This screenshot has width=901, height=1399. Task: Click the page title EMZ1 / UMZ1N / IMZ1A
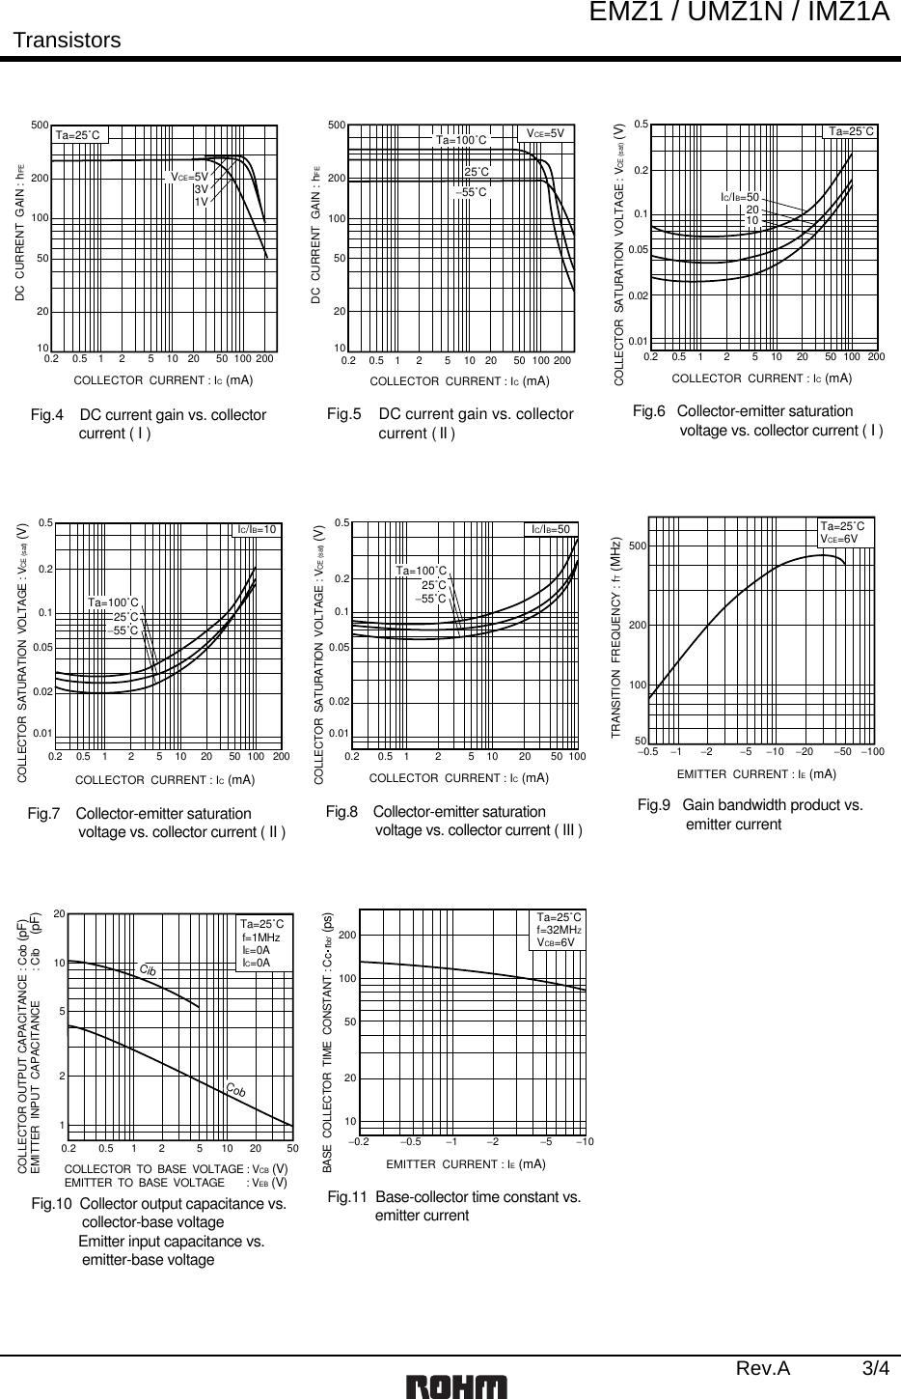pyautogui.click(x=753, y=13)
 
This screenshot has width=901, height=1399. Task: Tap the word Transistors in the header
pyautogui.click(x=67, y=41)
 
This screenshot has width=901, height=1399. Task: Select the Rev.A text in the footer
pyautogui.click(x=763, y=1368)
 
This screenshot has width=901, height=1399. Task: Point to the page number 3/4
pyautogui.click(x=876, y=1368)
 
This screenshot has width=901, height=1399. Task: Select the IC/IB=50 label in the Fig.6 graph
pyautogui.click(x=740, y=197)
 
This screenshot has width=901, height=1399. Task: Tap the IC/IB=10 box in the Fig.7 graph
pyautogui.click(x=259, y=529)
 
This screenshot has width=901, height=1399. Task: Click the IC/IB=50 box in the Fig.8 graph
pyautogui.click(x=552, y=529)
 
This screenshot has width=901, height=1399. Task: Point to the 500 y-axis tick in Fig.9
pyautogui.click(x=637, y=546)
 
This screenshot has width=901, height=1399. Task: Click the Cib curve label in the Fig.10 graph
pyautogui.click(x=148, y=968)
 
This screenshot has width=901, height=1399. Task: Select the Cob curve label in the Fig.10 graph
pyautogui.click(x=236, y=1090)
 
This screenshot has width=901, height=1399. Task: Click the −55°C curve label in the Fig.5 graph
pyautogui.click(x=474, y=193)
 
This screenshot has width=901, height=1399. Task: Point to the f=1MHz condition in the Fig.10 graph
pyautogui.click(x=260, y=937)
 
